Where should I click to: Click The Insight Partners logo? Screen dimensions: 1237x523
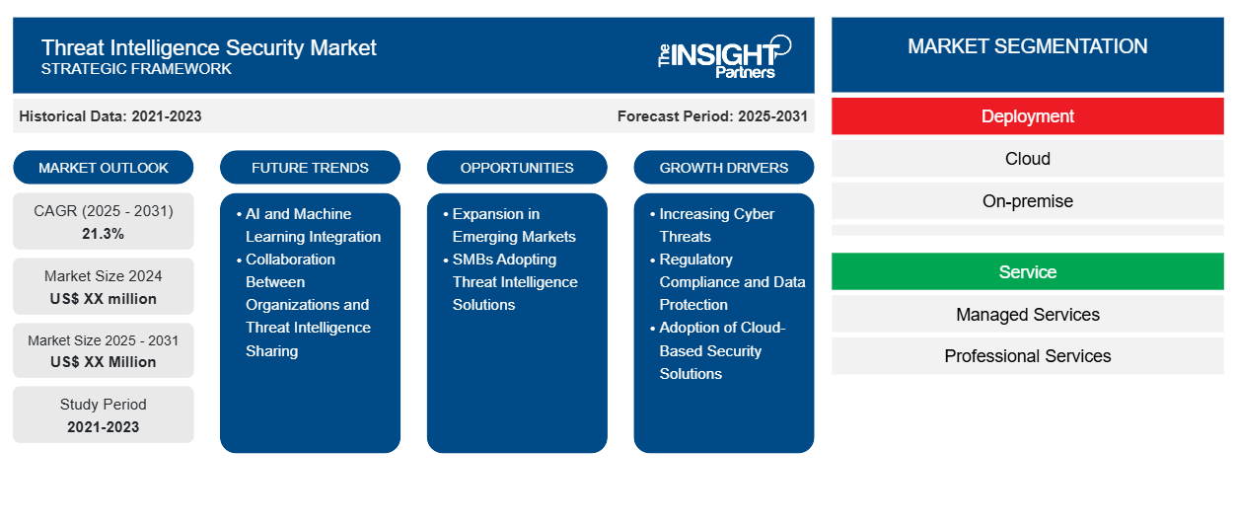tap(724, 57)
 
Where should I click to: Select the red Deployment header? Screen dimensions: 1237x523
tap(1027, 116)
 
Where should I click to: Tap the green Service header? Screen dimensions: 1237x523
tap(1027, 271)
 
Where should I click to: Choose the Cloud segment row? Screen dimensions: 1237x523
tap(1027, 159)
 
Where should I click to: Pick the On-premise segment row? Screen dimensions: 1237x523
tap(1027, 201)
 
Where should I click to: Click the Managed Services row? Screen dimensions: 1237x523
tap(1027, 314)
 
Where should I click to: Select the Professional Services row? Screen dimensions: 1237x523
tap(1027, 356)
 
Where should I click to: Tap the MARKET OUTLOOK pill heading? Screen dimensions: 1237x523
tap(104, 168)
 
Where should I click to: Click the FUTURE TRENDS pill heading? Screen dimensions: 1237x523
tap(310, 168)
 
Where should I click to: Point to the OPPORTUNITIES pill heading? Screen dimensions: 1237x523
tap(517, 168)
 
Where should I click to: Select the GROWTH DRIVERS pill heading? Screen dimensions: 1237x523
tap(723, 168)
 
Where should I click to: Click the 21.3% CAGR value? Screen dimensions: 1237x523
tap(104, 234)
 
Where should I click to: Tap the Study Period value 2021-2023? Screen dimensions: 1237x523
tap(104, 427)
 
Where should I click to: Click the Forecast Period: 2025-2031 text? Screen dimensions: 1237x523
tap(712, 116)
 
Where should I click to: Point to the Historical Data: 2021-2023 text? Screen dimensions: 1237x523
tap(110, 116)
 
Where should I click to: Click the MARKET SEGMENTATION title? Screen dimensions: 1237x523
tap(1027, 46)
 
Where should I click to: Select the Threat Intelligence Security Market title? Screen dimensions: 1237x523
tap(209, 48)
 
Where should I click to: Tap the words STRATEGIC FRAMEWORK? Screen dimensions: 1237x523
tap(136, 69)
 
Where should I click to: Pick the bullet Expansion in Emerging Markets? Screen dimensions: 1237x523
tap(509, 225)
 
